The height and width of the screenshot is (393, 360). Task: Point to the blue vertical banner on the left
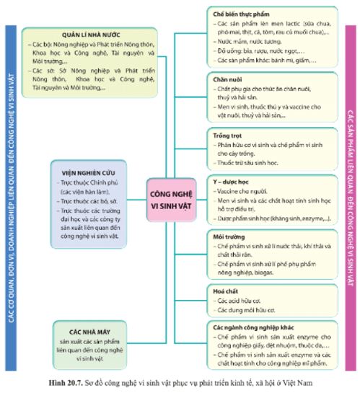click(x=9, y=195)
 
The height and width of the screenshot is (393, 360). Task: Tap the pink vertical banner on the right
click(x=351, y=195)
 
